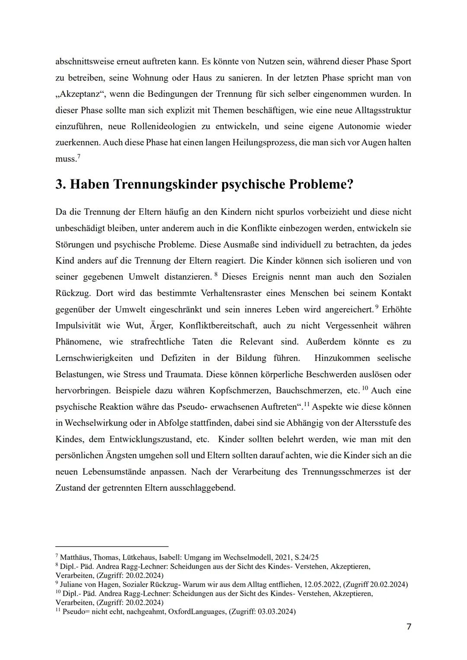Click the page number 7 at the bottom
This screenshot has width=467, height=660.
coord(409,627)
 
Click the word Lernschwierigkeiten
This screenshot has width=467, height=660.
coord(93,358)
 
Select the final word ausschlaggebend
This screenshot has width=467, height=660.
coord(200,488)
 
